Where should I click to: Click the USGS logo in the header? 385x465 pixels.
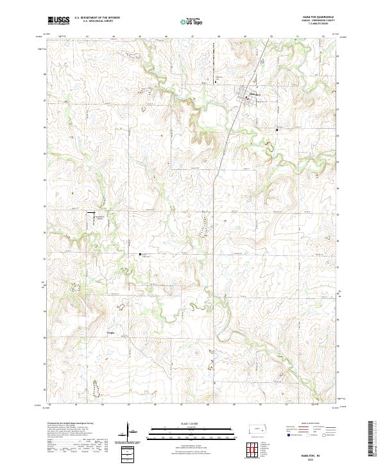58,21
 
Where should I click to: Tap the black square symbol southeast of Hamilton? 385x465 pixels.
277,129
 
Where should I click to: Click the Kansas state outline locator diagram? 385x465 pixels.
259,430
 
